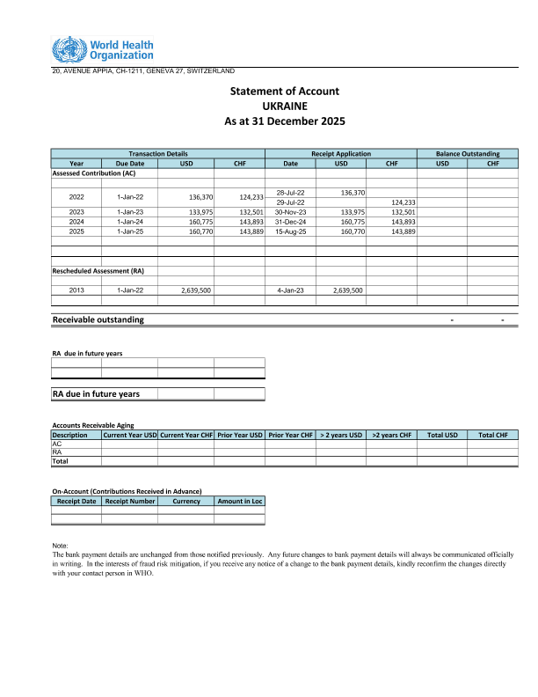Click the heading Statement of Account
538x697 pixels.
pos(284,92)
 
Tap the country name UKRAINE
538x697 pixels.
pos(284,106)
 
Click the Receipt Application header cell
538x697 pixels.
pos(341,154)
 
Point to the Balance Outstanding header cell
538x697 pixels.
pos(468,154)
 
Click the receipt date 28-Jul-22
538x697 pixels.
pos(290,192)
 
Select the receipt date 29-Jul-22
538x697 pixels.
pos(290,202)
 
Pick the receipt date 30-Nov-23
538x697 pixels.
pos(290,212)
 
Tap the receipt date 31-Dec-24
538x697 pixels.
pos(290,222)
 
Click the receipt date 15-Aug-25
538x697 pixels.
pos(290,231)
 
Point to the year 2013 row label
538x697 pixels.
pos(76,290)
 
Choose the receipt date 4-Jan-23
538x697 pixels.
pos(290,290)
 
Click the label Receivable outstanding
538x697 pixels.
pos(98,319)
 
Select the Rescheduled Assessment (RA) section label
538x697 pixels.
pos(98,271)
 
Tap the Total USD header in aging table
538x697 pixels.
pos(442,435)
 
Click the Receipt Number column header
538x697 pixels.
pos(130,501)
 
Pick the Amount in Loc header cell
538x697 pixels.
pos(240,501)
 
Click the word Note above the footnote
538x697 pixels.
pos(61,547)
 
